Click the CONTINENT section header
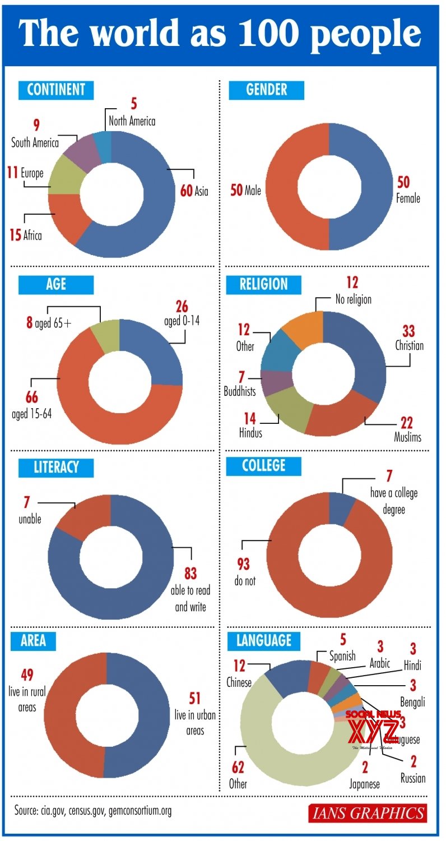coord(56,90)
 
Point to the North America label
coord(132,121)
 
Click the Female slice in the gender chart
coord(364,185)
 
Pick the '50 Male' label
coord(246,191)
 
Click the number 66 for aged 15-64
coord(31,398)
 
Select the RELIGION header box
coord(264,285)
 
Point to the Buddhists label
coord(240,391)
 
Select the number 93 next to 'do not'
coord(243,563)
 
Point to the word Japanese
coord(364,784)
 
